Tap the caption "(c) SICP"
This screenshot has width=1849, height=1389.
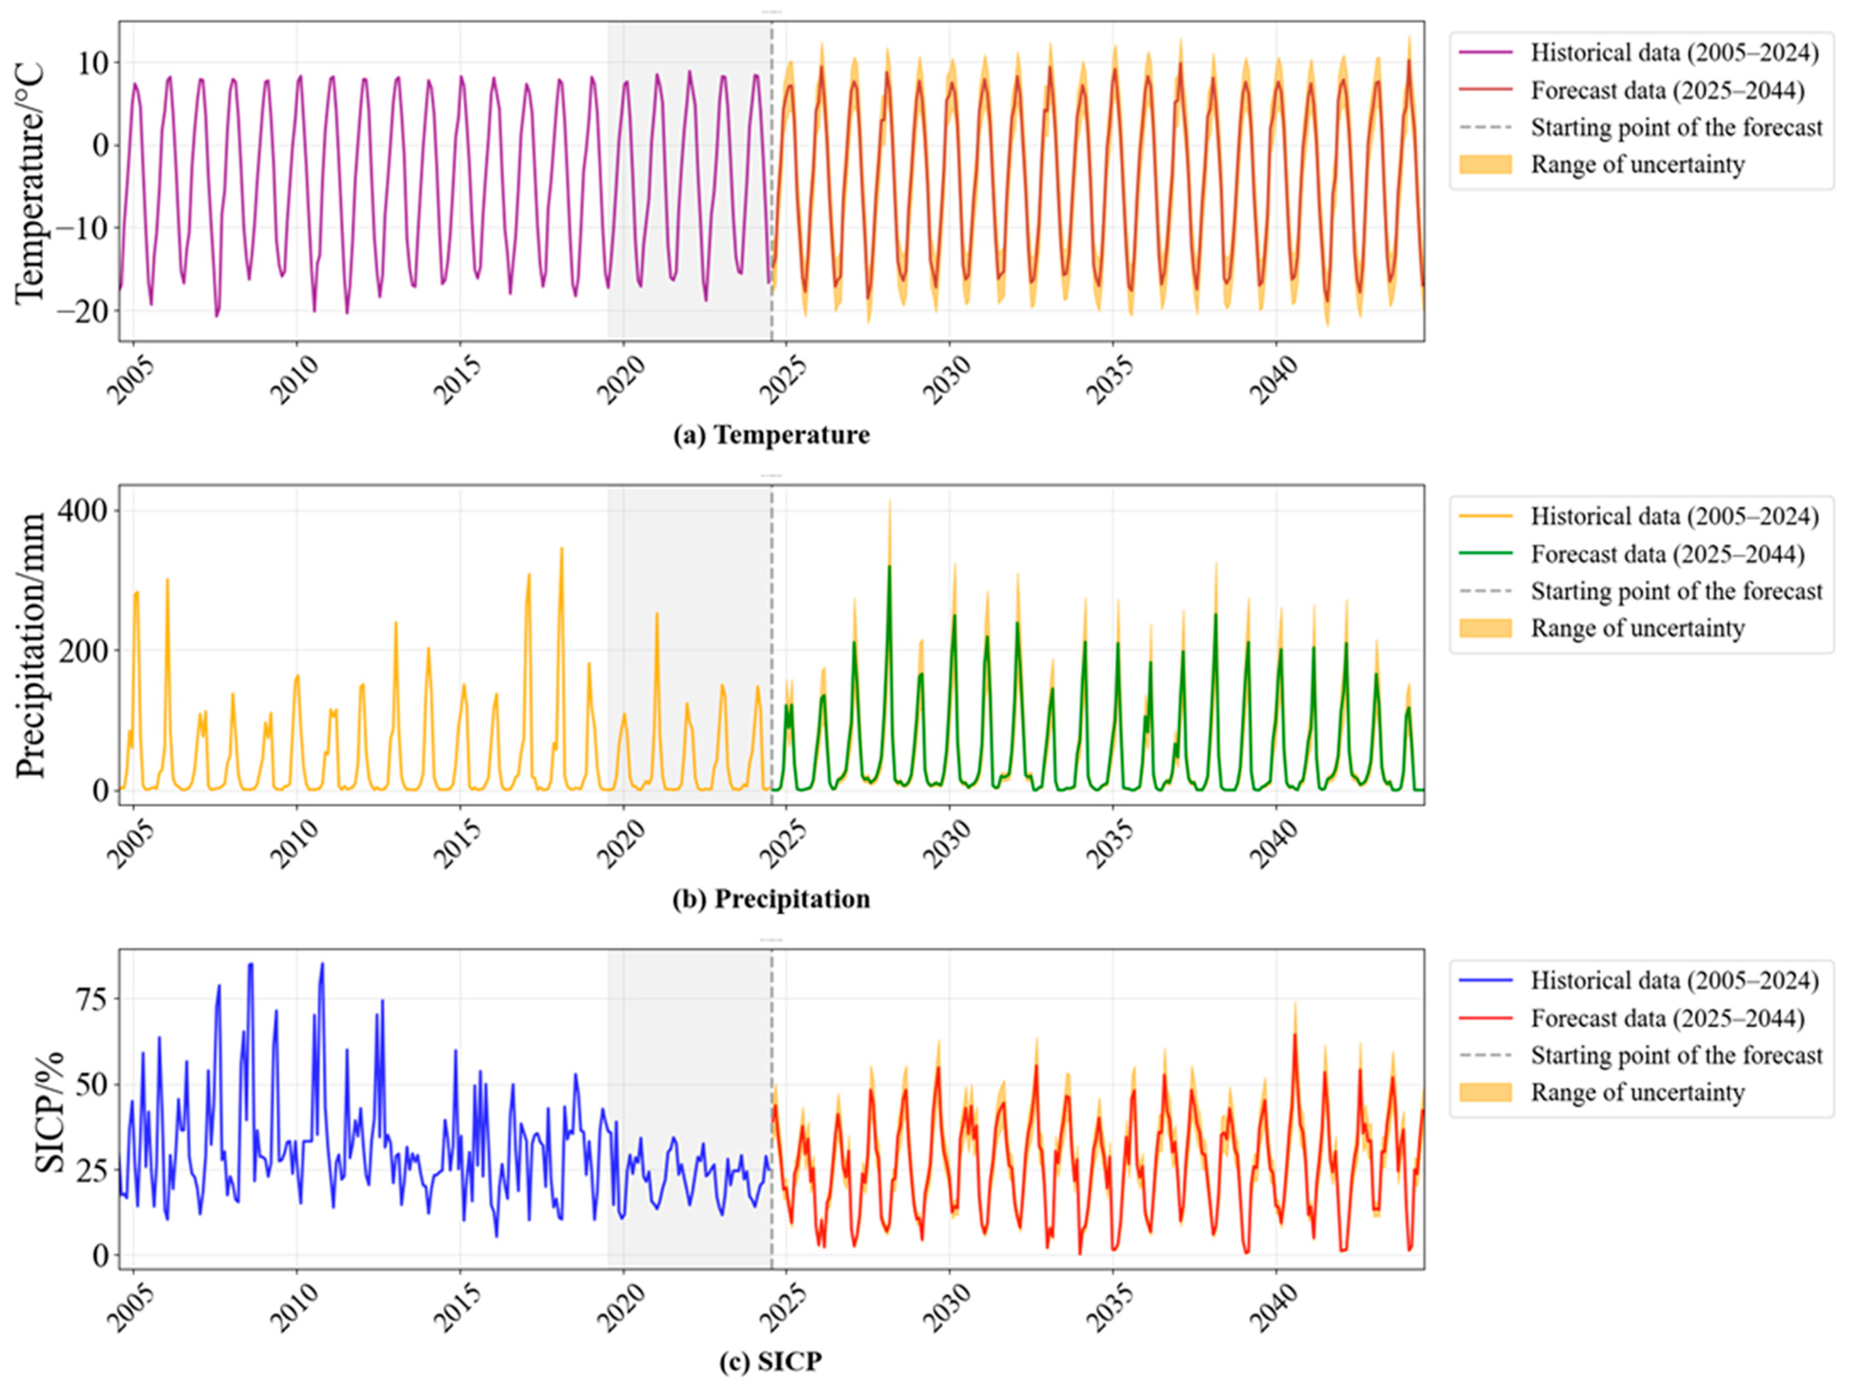coord(771,1362)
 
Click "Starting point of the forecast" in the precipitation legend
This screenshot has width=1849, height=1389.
coord(1677,591)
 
